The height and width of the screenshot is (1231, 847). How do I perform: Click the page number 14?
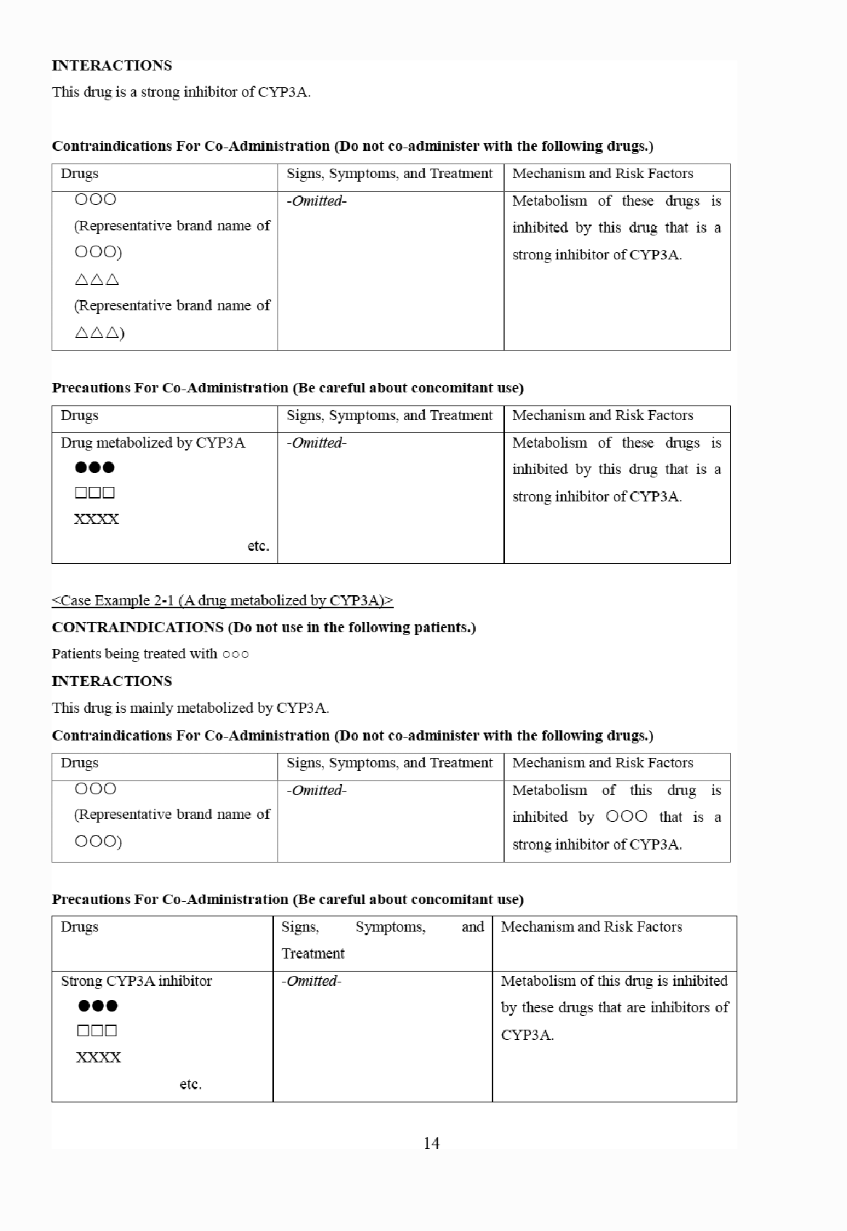[431, 1143]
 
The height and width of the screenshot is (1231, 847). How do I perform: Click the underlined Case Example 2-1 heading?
[222, 600]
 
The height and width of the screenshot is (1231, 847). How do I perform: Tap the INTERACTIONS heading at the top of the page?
[112, 65]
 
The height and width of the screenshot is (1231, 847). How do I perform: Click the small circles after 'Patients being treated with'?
[236, 654]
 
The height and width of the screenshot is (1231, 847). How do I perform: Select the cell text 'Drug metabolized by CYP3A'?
[153, 443]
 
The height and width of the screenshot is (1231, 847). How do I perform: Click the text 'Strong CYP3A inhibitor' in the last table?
[137, 981]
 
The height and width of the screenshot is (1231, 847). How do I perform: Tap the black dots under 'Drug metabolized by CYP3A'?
[94, 467]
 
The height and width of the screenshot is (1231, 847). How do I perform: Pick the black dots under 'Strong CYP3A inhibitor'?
[97, 1006]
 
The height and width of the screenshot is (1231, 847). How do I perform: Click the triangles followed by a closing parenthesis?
[100, 334]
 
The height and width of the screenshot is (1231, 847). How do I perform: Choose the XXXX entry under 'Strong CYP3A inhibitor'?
[99, 1057]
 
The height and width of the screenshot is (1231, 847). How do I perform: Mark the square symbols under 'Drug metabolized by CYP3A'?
[94, 493]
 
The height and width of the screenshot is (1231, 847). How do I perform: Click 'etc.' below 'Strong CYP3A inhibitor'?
[190, 1084]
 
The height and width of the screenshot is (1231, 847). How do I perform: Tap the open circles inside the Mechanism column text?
[626, 817]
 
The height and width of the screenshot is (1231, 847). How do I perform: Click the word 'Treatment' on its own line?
[313, 953]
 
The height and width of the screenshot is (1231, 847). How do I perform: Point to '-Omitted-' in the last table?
[311, 981]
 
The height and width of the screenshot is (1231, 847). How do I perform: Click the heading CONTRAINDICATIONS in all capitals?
[137, 627]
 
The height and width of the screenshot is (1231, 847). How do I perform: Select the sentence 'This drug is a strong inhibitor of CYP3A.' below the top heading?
[181, 92]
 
